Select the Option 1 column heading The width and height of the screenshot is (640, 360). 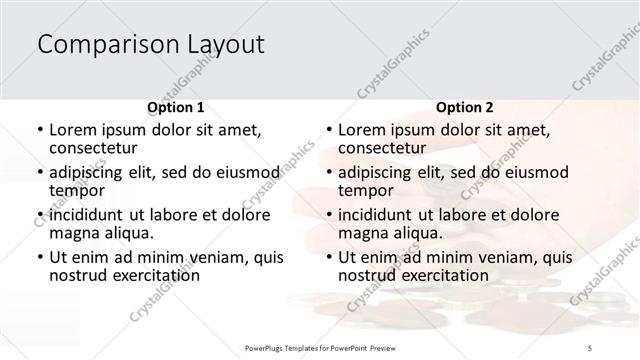tap(175, 107)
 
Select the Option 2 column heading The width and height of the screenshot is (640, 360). tap(465, 107)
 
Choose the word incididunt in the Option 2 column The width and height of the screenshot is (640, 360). tap(380, 215)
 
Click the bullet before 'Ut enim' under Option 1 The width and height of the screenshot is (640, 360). tap(39, 258)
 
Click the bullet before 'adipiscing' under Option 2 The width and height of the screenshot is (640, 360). tap(329, 173)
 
